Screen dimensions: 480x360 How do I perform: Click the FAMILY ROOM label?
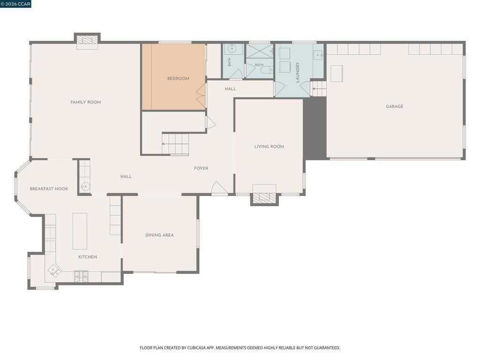point(86,102)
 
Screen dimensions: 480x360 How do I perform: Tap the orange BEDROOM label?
point(178,78)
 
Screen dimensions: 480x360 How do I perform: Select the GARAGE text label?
point(394,106)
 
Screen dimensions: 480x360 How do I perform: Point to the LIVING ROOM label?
point(269,147)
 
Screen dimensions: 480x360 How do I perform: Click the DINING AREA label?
point(159,235)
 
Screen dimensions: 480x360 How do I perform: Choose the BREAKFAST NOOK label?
point(49,188)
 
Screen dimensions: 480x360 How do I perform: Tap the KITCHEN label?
point(88,257)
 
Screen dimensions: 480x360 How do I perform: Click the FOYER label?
point(201,168)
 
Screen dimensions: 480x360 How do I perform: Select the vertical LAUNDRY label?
point(297,73)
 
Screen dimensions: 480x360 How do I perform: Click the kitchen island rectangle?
point(80,231)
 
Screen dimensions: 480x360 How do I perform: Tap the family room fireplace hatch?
point(87,40)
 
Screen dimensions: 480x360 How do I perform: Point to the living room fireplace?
point(264,196)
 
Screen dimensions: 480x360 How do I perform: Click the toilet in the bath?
point(266,70)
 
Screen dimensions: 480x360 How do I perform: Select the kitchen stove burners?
point(82,276)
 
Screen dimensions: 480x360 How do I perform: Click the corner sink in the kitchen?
point(54,270)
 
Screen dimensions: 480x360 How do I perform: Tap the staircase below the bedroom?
point(175,144)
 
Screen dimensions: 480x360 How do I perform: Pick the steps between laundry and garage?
point(318,89)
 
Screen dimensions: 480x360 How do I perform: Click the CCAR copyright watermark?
point(15,4)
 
